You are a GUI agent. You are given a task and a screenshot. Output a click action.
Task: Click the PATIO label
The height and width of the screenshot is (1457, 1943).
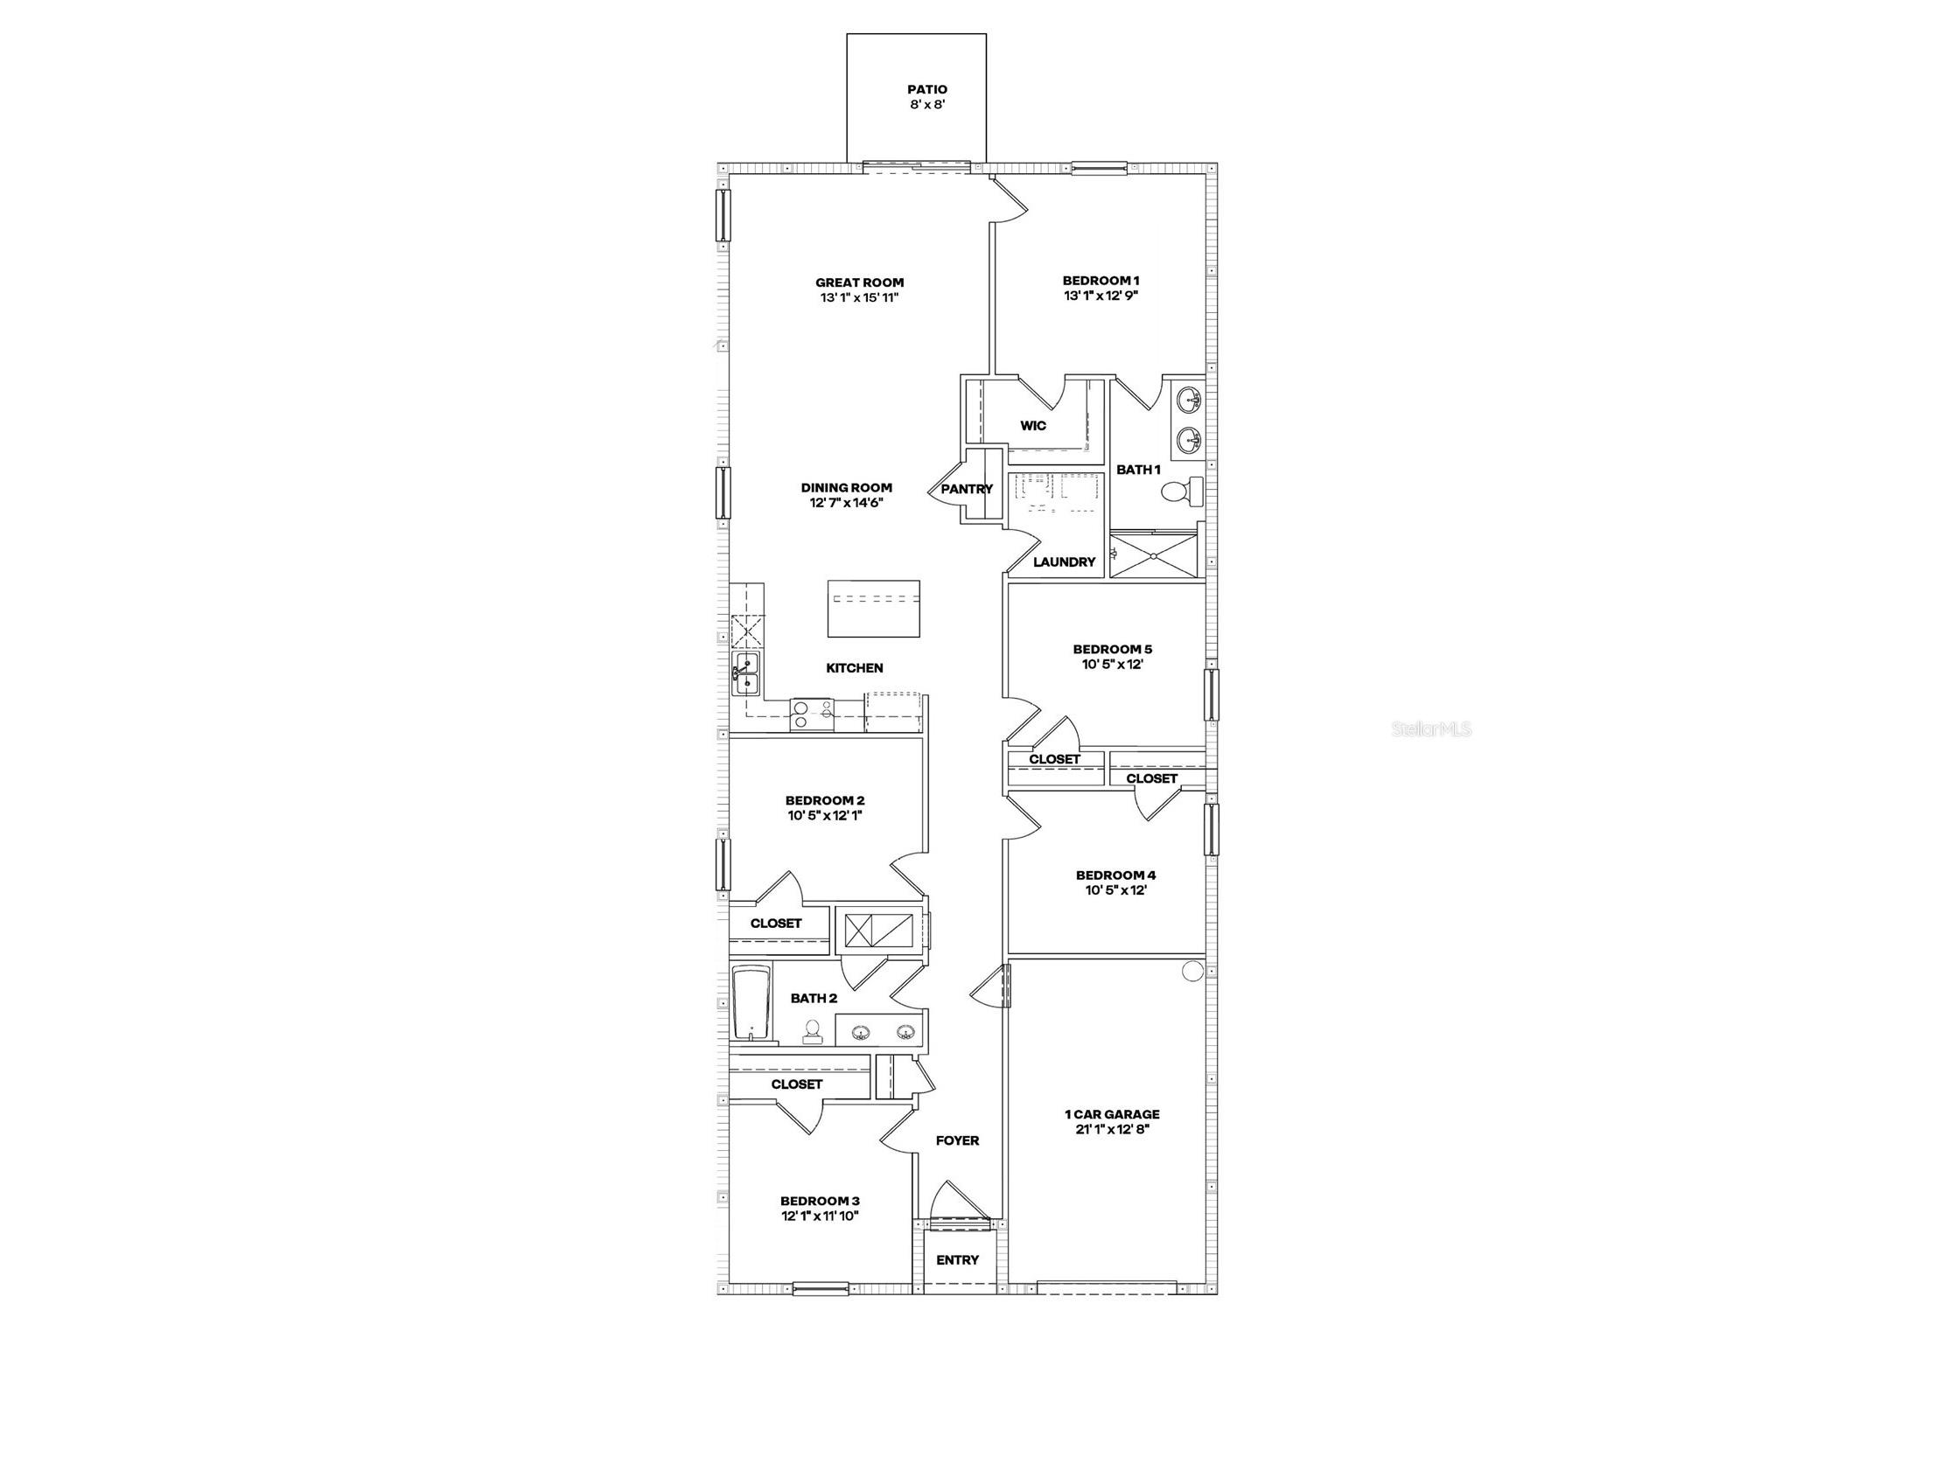coord(926,89)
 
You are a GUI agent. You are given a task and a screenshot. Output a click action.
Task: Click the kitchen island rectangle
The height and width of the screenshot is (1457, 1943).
coord(873,608)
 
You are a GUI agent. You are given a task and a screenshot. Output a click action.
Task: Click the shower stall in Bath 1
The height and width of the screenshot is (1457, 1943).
coord(1153,554)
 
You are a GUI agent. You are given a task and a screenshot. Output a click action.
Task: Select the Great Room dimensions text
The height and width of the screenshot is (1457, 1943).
coord(859,297)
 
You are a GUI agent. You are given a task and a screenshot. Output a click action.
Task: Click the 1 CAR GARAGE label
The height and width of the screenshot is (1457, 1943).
coord(1112,1114)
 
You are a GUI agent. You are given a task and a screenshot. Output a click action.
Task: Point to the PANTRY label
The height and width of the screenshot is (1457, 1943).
coord(966,489)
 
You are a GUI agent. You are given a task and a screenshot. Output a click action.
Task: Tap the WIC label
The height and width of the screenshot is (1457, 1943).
coord(1033,426)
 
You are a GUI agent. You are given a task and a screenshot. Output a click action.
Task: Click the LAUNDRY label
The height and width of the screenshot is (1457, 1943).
coord(1064,562)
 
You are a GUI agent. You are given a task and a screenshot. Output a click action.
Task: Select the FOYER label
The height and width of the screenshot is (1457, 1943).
coord(956,1140)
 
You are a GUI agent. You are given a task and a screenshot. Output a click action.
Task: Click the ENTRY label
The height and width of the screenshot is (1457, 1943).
coord(956,1260)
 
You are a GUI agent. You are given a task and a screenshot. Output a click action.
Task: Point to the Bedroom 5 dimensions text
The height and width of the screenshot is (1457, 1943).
coord(1112,665)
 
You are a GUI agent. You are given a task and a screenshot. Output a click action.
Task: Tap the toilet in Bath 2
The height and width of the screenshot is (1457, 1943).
coord(813,1030)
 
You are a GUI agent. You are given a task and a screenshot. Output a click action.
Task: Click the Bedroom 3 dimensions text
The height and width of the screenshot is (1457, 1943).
coord(820,1216)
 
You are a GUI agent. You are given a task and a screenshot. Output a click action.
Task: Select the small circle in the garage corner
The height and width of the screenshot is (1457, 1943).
coord(1192,972)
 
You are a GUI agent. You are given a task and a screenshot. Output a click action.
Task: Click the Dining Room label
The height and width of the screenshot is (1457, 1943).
coord(846,487)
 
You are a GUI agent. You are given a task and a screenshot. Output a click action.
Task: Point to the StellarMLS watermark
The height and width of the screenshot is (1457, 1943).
coord(1431,729)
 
